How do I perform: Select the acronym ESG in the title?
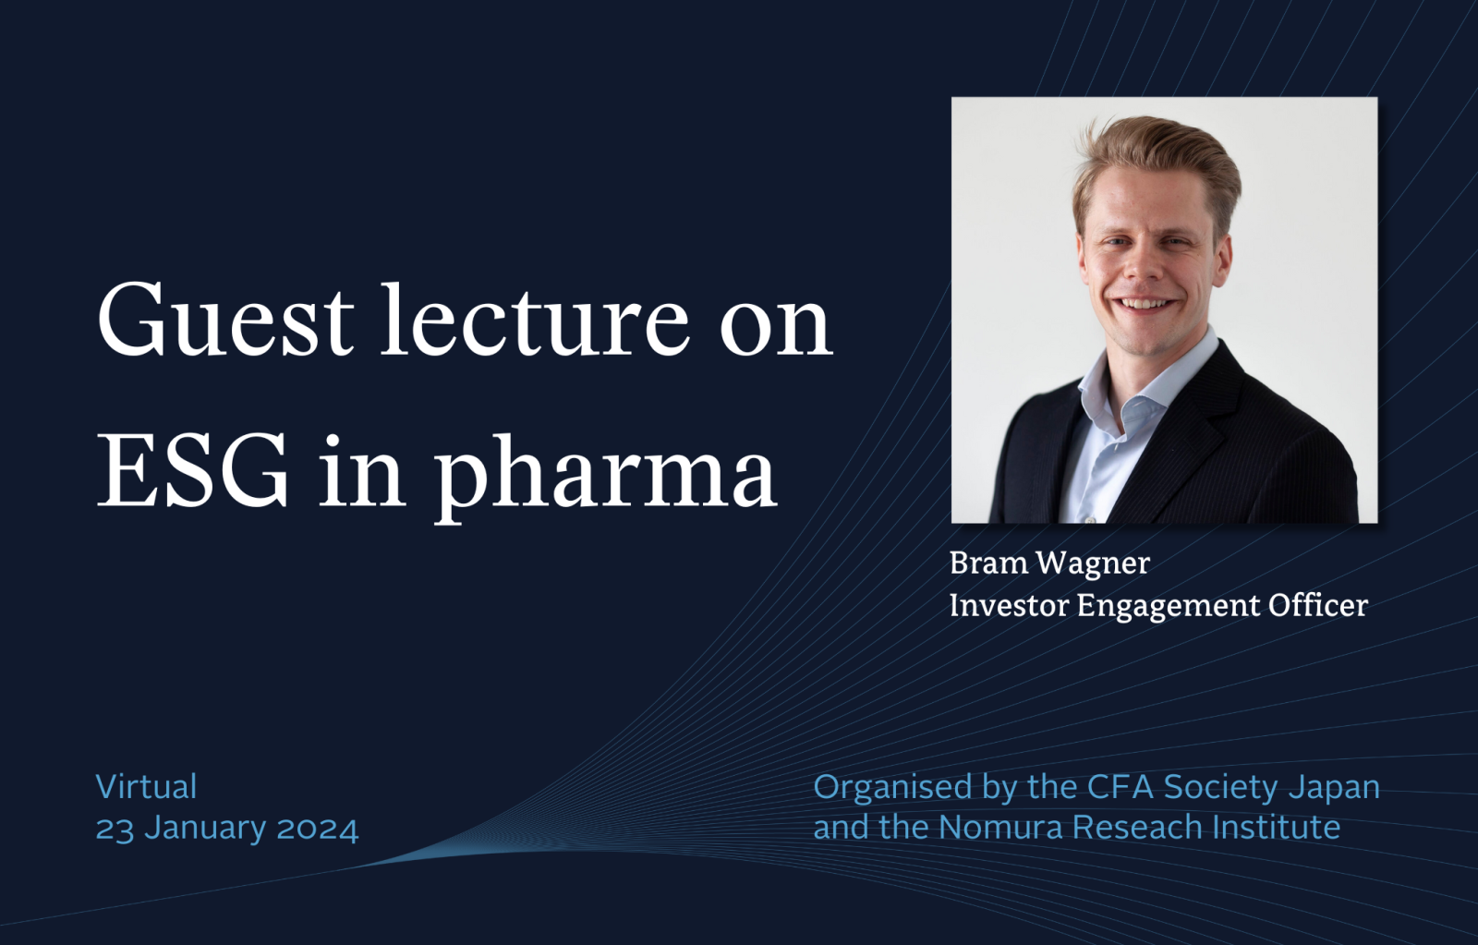click(193, 470)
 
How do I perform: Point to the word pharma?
click(605, 479)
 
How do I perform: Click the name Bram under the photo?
click(987, 563)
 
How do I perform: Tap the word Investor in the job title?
click(1009, 605)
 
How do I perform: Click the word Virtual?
click(147, 787)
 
